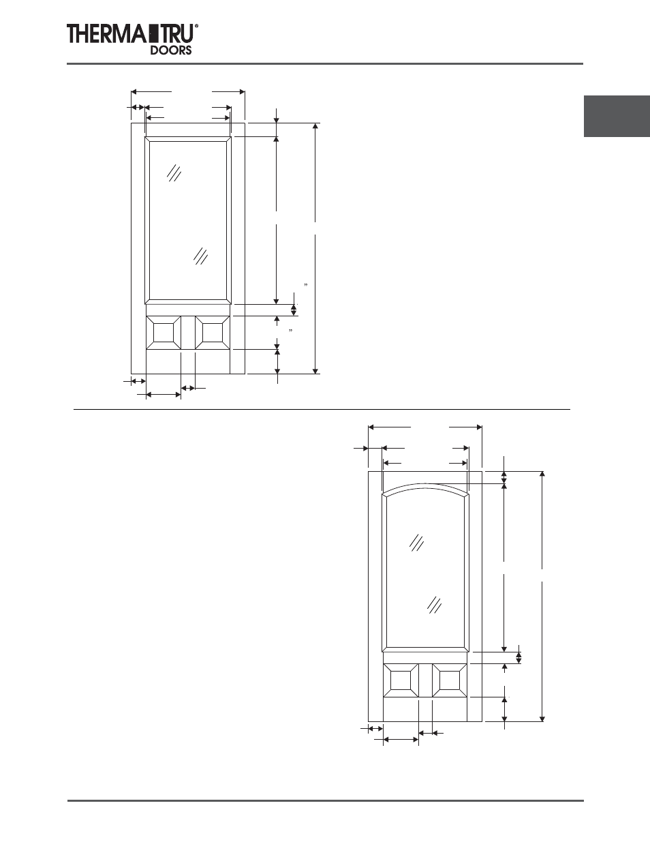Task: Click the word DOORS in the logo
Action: (x=170, y=50)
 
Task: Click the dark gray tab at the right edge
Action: (x=616, y=117)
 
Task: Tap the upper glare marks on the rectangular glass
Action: (x=174, y=173)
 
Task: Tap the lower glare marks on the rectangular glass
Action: (x=200, y=256)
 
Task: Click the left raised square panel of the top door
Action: (x=164, y=332)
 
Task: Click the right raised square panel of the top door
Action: (x=212, y=332)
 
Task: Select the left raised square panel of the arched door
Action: (x=401, y=680)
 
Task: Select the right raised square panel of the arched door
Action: (x=449, y=680)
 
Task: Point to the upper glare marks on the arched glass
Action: (x=418, y=543)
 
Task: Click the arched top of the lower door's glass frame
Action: (x=425, y=487)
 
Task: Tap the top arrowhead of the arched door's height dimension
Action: (x=542, y=474)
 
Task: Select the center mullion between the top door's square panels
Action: (x=188, y=332)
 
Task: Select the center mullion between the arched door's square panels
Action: (x=425, y=680)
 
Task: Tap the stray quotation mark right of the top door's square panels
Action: (x=291, y=331)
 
